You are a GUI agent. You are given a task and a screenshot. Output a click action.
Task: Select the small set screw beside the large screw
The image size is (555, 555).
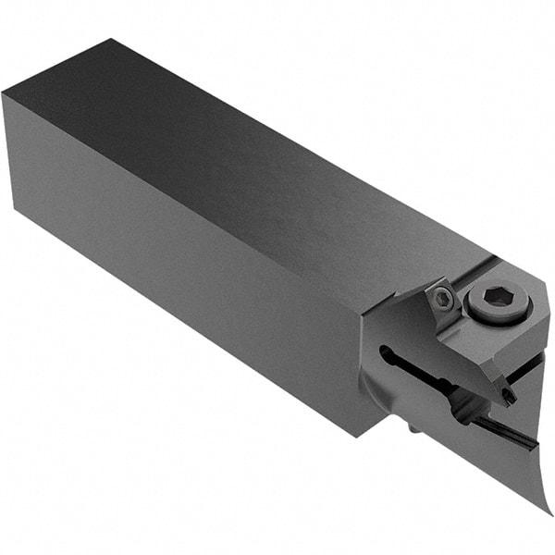click(444, 298)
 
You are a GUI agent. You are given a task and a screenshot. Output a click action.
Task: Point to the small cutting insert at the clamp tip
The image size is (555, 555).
click(509, 396)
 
